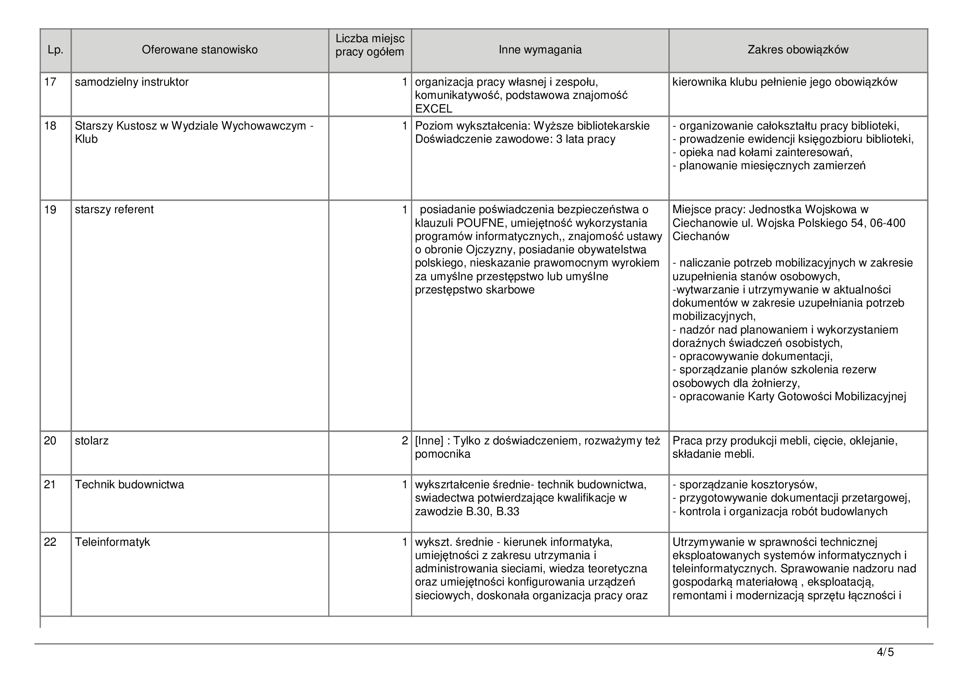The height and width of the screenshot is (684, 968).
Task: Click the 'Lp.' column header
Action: tap(55, 50)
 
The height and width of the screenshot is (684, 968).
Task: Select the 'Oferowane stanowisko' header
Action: tap(199, 50)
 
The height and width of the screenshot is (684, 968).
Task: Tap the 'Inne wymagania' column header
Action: tap(540, 50)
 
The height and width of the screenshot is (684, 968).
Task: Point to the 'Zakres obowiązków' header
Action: tap(797, 50)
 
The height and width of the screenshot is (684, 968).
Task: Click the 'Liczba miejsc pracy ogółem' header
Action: tap(370, 45)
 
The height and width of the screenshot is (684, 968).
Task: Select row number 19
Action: tap(50, 209)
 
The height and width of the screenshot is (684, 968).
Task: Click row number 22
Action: tap(50, 542)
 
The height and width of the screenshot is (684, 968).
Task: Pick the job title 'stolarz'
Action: tap(91, 441)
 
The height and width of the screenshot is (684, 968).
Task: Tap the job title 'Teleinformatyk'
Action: tap(112, 542)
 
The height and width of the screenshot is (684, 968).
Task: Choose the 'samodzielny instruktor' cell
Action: tap(132, 82)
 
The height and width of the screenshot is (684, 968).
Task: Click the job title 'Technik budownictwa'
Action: tap(130, 485)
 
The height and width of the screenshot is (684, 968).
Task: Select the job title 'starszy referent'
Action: tap(114, 209)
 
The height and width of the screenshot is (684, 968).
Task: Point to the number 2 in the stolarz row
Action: tap(404, 441)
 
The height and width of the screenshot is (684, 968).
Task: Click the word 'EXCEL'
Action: tap(433, 109)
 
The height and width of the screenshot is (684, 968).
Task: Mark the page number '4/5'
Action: tap(885, 653)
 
